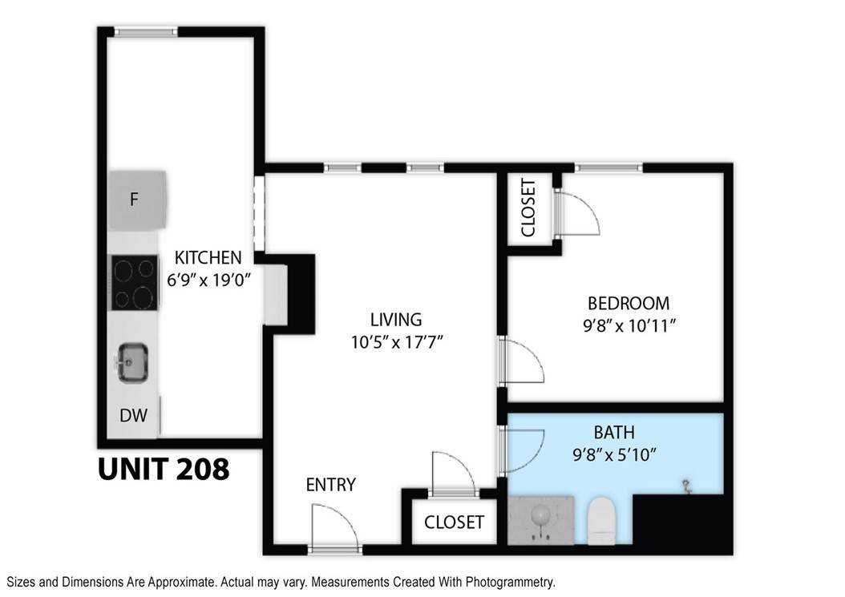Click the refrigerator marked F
[137, 198]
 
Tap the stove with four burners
[133, 283]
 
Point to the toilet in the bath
[600, 520]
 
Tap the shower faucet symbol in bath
[686, 486]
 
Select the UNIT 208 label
[164, 469]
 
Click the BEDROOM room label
[628, 304]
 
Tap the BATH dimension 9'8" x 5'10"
[614, 455]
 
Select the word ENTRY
[330, 485]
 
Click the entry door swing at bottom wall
[334, 529]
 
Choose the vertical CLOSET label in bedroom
[528, 208]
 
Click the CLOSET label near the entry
[454, 522]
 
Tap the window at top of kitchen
[145, 32]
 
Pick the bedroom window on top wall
[608, 167]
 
